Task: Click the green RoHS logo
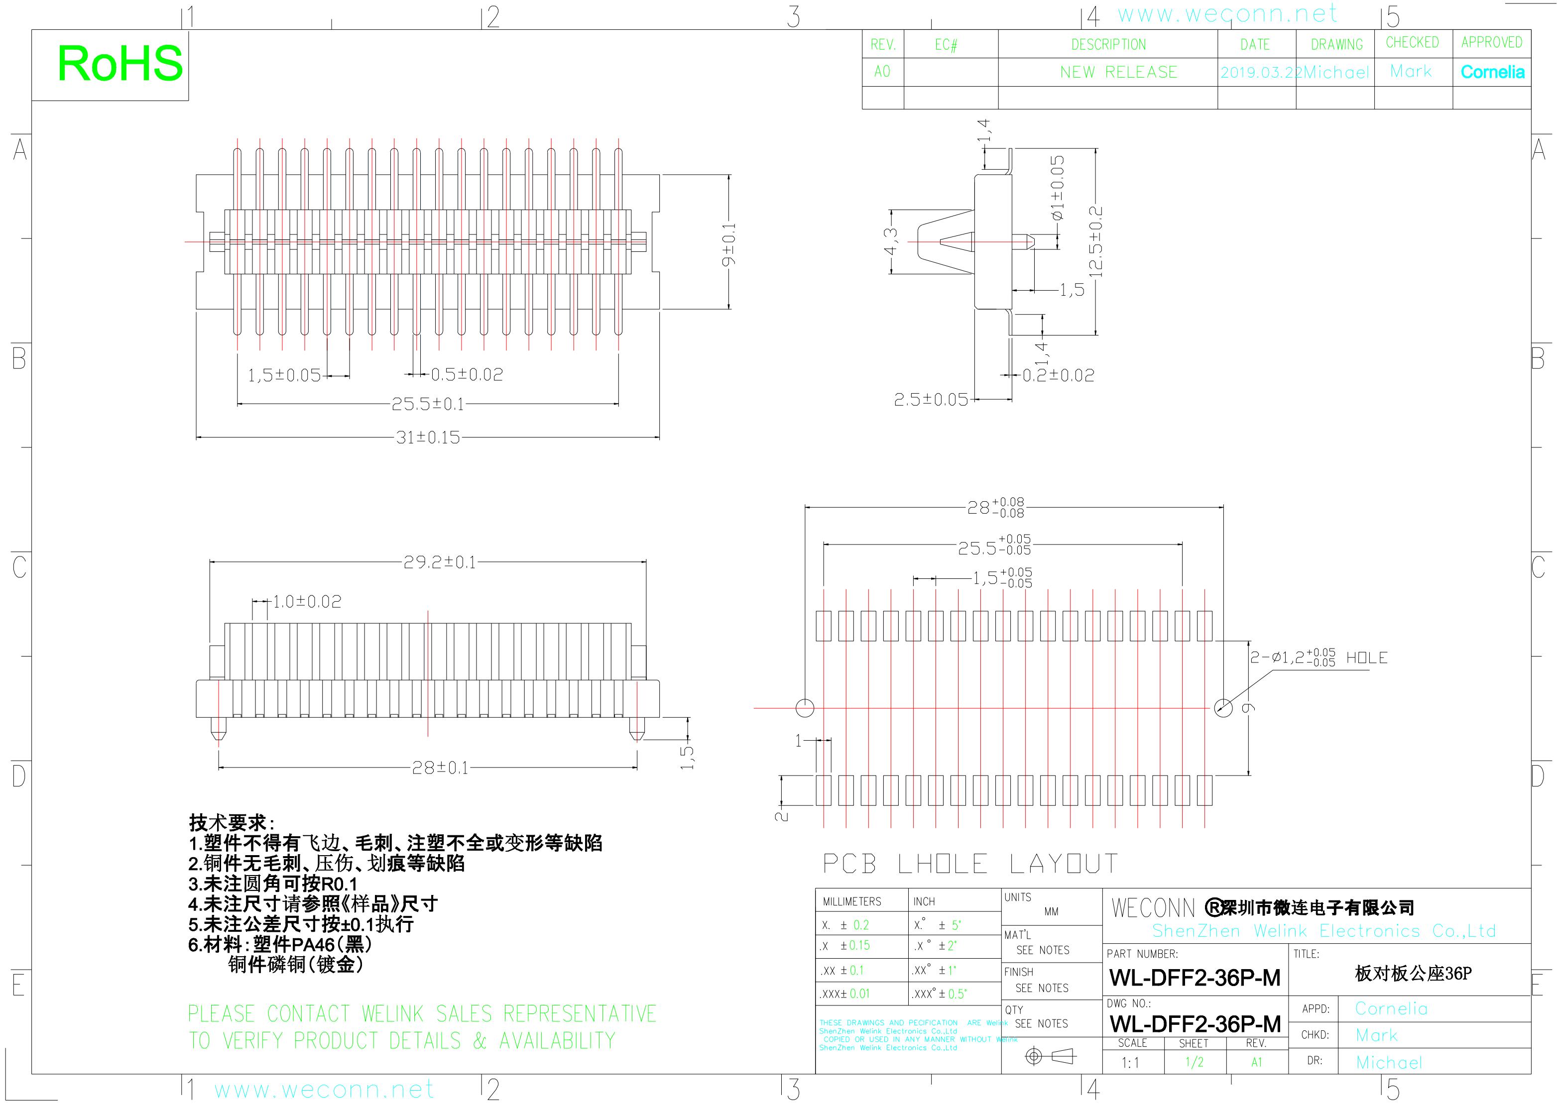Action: pyautogui.click(x=120, y=64)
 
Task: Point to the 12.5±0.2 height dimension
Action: pyautogui.click(x=1095, y=241)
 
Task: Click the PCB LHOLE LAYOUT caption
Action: pyautogui.click(x=970, y=864)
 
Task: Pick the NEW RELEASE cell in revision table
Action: pyautogui.click(x=1118, y=72)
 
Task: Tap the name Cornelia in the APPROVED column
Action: pyautogui.click(x=1492, y=72)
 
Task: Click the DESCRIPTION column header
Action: pyautogui.click(x=1108, y=45)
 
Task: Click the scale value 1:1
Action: pyautogui.click(x=1130, y=1063)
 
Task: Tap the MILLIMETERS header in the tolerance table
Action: pyautogui.click(x=851, y=901)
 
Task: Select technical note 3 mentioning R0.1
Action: pyautogui.click(x=273, y=884)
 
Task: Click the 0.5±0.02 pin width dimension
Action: pyautogui.click(x=467, y=375)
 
